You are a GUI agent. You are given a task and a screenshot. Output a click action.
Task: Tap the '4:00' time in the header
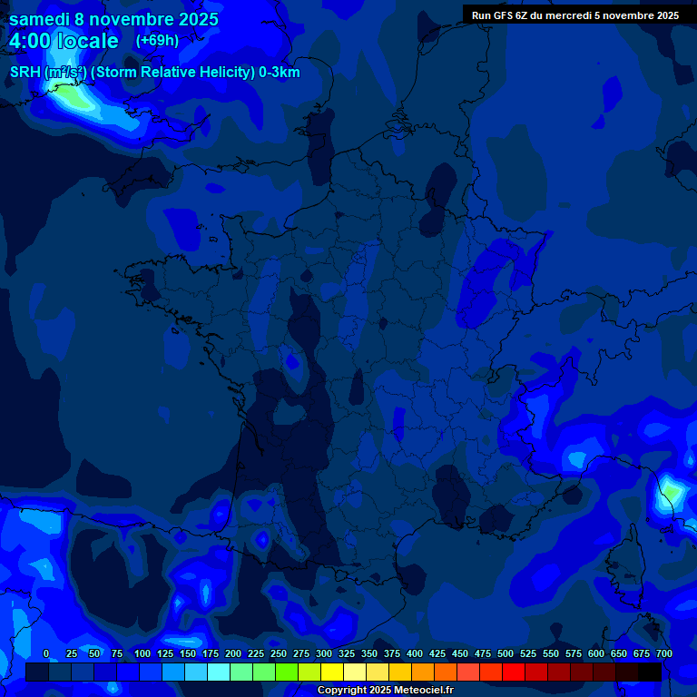(32, 41)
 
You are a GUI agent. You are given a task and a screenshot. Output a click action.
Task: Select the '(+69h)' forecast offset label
(157, 40)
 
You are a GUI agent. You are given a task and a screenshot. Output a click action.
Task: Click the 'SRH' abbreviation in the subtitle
(25, 73)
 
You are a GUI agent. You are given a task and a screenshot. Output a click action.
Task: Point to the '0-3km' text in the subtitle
(279, 73)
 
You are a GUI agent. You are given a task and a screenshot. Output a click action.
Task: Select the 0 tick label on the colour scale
(46, 654)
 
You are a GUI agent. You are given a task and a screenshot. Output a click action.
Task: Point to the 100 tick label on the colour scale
(142, 654)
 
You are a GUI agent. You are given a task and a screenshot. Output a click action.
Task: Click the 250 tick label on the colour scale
(279, 654)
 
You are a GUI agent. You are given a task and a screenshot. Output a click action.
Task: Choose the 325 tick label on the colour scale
(347, 654)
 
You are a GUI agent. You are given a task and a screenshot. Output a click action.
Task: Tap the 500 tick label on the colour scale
(506, 654)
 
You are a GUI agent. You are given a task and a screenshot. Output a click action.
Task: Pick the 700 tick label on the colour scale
(663, 654)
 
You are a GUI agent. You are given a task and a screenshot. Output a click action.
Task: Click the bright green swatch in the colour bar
(287, 672)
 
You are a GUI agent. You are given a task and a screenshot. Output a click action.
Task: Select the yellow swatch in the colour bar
(332, 672)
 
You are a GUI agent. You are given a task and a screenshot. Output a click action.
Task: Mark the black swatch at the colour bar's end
(650, 672)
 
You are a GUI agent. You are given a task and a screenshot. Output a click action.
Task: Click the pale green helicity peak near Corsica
(671, 493)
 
